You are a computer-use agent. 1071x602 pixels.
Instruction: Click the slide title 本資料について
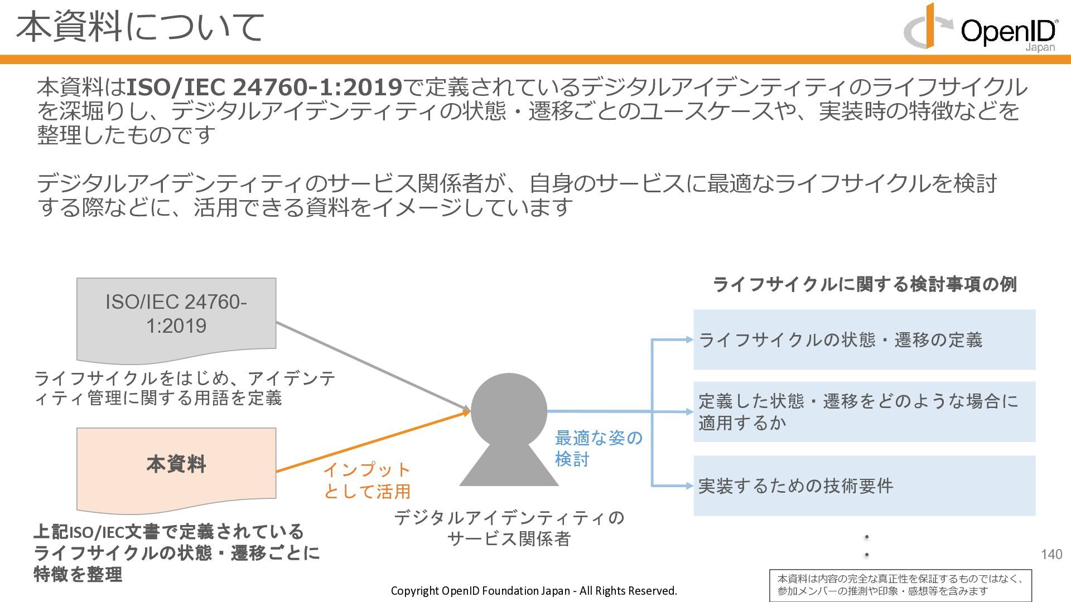(139, 27)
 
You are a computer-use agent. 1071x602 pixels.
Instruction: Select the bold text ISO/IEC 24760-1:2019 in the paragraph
(264, 88)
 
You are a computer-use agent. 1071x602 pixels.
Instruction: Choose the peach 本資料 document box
(176, 465)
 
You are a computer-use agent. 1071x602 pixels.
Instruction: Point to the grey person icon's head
(509, 410)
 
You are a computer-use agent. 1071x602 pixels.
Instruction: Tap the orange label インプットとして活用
(367, 480)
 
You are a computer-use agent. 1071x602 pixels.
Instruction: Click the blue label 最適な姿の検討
(598, 448)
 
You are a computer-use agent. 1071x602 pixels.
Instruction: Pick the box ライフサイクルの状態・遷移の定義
(864, 339)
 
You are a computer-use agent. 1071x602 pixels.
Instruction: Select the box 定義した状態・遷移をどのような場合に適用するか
(864, 412)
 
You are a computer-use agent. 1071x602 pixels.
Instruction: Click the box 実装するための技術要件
(864, 486)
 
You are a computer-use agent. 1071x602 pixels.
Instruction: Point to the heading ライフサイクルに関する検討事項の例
(865, 284)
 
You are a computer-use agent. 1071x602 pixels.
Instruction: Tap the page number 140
(1051, 554)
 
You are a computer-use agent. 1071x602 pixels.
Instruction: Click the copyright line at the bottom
(534, 591)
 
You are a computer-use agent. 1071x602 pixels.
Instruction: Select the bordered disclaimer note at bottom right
(900, 585)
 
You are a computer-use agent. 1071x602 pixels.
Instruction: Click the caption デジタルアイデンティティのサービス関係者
(509, 528)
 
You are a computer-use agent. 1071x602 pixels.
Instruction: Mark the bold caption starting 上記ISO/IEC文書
(176, 552)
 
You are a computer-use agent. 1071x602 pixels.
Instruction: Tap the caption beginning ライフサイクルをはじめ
(184, 388)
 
